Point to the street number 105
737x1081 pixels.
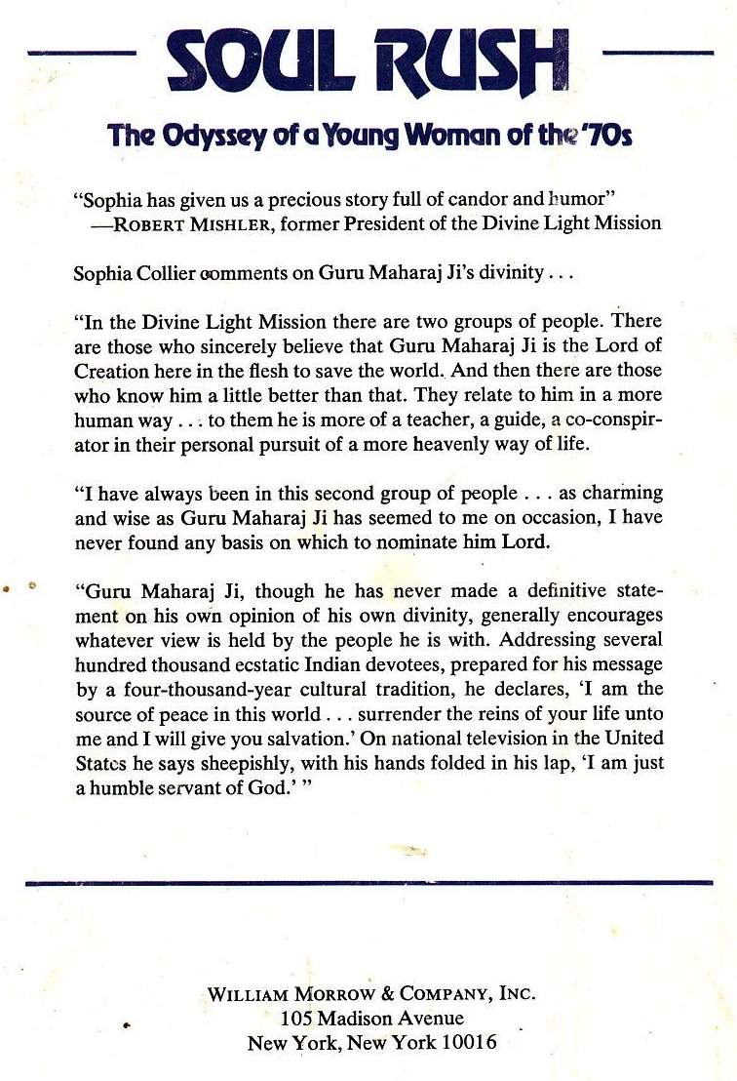click(296, 1019)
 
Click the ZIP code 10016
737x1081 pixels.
click(467, 1043)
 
